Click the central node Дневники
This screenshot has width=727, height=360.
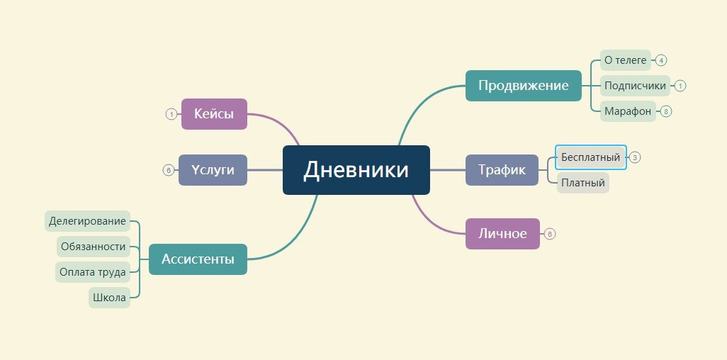tap(356, 170)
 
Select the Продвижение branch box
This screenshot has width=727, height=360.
tap(523, 86)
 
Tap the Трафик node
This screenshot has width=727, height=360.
tap(502, 170)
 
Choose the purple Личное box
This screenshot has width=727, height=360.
tap(502, 234)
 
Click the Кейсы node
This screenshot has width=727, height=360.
tap(214, 114)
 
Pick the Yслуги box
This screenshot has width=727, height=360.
tap(213, 170)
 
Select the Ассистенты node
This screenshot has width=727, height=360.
tap(198, 259)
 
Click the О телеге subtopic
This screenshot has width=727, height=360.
tap(624, 60)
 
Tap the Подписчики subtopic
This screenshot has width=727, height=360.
tap(635, 86)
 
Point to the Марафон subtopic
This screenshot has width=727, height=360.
tap(627, 111)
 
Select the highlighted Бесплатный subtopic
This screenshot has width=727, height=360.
tap(590, 157)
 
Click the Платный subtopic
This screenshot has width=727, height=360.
tap(582, 183)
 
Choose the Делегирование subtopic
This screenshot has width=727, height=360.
tap(87, 221)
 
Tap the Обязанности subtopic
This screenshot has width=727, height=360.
tap(93, 247)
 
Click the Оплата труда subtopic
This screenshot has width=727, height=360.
tap(93, 272)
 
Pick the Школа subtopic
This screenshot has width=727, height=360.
tap(109, 298)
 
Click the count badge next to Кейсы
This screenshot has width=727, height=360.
tap(171, 114)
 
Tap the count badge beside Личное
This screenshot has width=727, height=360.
tap(550, 234)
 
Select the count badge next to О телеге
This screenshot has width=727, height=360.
tap(660, 60)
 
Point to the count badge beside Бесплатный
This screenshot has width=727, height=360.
tap(635, 157)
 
